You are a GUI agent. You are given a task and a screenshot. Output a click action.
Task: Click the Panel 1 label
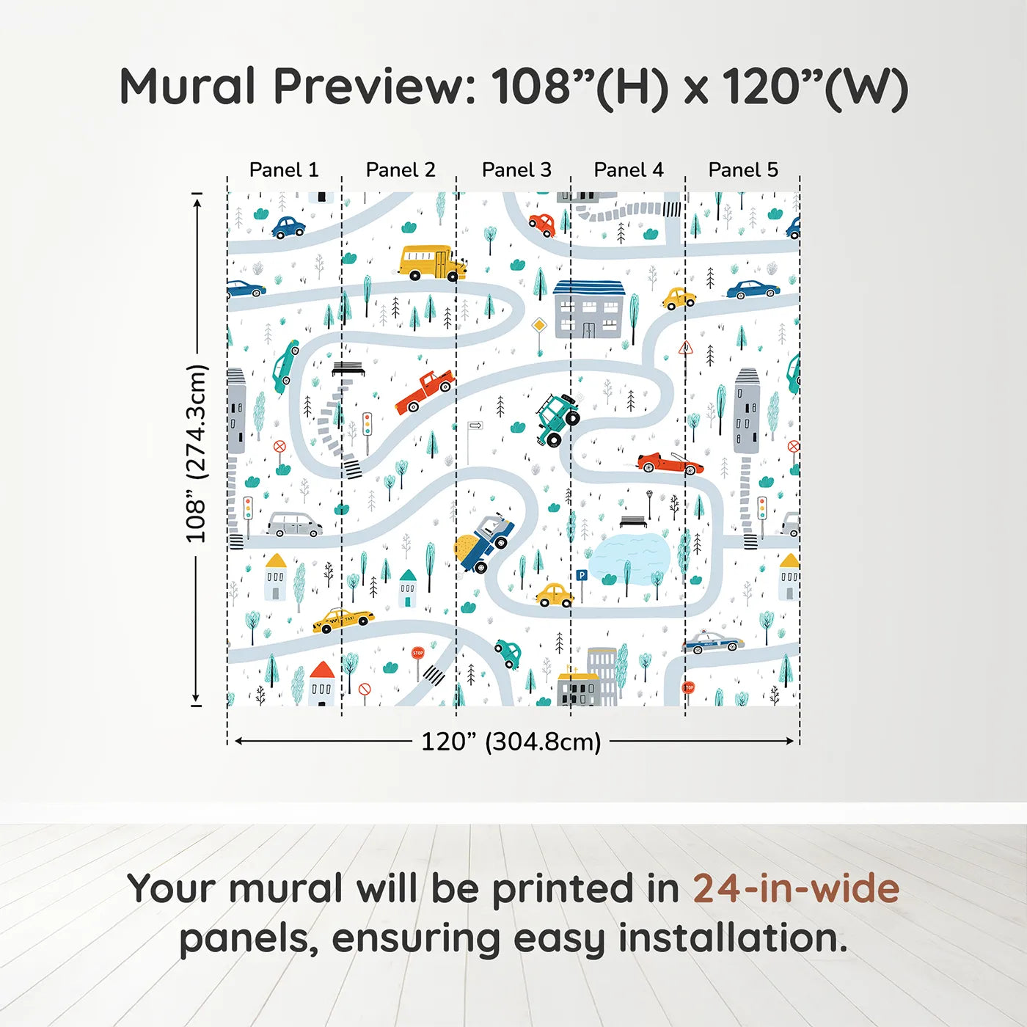284,169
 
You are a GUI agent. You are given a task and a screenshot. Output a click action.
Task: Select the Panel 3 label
516,169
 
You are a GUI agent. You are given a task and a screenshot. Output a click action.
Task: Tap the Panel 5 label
743,169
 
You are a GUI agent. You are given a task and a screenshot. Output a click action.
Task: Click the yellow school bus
431,263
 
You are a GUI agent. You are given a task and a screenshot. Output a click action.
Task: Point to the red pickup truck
425,391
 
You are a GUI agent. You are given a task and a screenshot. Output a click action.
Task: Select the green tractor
558,419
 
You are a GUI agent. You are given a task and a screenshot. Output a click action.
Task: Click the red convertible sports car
669,463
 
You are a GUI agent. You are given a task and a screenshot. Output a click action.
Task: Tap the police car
712,642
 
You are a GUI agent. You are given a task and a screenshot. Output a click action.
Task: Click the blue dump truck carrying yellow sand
484,541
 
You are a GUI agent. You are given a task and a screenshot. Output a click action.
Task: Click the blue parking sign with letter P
582,577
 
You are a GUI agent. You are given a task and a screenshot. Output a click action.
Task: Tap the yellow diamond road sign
539,325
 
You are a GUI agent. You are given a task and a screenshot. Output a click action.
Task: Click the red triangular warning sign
685,348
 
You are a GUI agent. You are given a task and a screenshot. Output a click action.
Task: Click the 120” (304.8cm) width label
511,742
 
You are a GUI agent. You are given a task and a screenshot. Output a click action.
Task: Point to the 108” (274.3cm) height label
197,453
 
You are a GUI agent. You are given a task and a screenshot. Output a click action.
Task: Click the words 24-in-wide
795,889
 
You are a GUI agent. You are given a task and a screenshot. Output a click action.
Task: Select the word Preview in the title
374,87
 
